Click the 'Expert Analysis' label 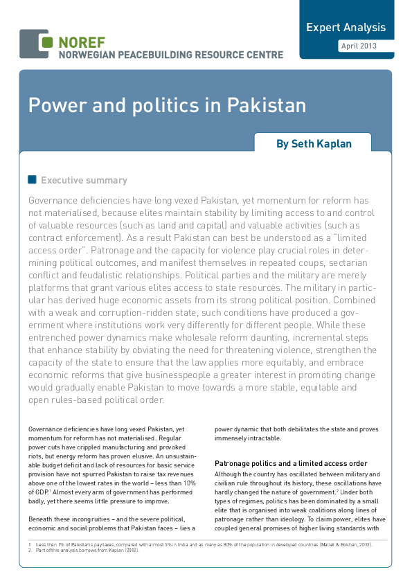[346, 28]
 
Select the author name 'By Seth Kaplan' [313, 144]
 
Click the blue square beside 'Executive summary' [32, 180]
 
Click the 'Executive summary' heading [84, 181]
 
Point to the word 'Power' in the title [52, 106]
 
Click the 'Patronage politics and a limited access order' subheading [291, 463]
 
